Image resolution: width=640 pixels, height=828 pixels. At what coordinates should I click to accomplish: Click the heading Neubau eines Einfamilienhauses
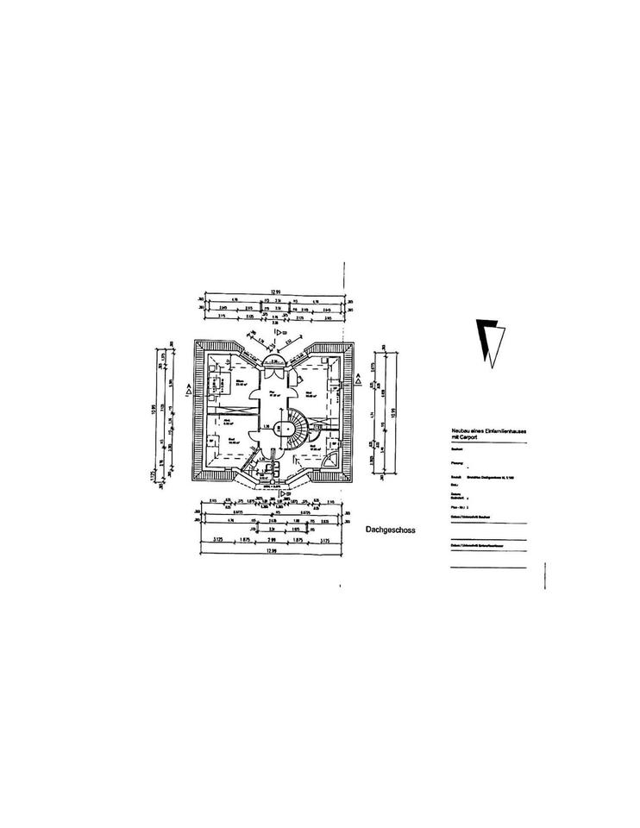click(x=487, y=430)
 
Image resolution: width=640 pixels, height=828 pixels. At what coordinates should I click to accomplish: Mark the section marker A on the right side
click(x=358, y=378)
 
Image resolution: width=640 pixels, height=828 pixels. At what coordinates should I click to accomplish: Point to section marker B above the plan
click(x=279, y=330)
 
